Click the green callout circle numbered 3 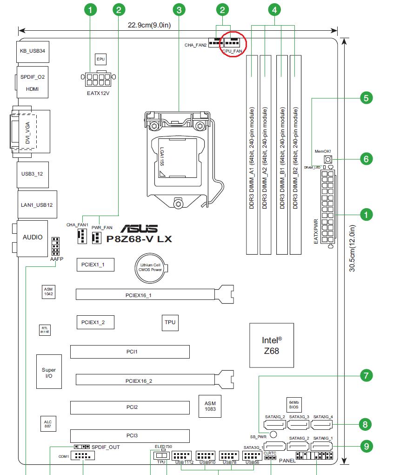click(x=179, y=9)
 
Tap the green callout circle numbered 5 click(x=366, y=98)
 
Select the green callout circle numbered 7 click(x=366, y=375)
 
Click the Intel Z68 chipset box click(x=272, y=345)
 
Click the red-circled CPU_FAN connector click(x=231, y=43)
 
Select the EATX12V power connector click(x=98, y=79)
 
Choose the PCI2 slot click(x=130, y=407)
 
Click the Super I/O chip click(x=49, y=372)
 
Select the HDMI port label click(x=33, y=88)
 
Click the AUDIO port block click(x=33, y=237)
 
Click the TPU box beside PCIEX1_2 click(x=170, y=323)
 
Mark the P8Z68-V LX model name click(x=140, y=239)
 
